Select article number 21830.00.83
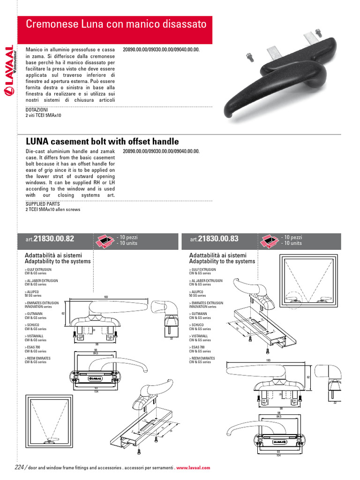[x=218, y=239]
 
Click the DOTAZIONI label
[x=37, y=110]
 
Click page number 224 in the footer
[x=19, y=467]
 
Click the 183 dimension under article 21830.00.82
[x=106, y=297]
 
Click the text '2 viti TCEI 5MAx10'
[x=43, y=115]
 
